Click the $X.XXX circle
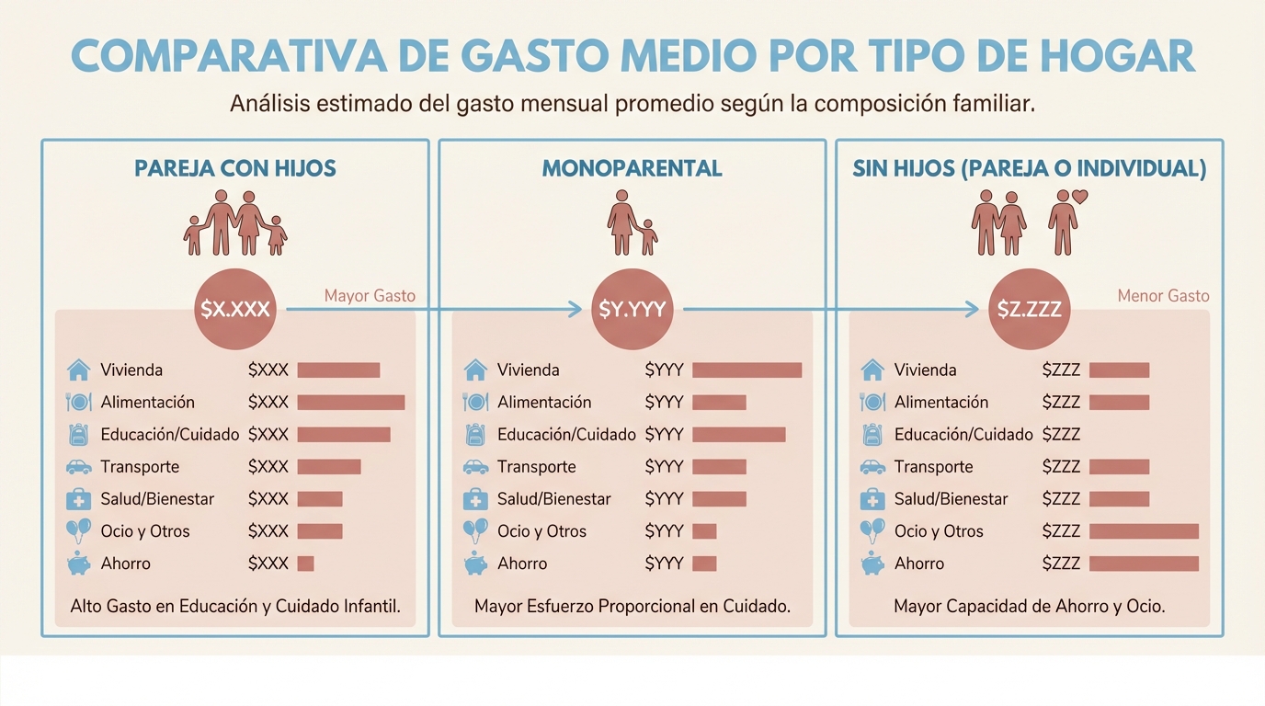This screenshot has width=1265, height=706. tap(235, 309)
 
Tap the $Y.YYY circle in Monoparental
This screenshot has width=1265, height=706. tap(632, 310)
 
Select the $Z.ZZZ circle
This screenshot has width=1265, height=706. tap(1030, 310)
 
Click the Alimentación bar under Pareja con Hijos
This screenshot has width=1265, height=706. tap(350, 402)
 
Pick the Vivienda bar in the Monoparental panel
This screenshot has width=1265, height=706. tap(746, 370)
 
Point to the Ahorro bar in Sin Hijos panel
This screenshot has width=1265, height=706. tap(1144, 564)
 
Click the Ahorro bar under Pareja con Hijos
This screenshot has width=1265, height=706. tap(305, 564)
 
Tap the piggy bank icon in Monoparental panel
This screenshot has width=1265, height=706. tap(475, 564)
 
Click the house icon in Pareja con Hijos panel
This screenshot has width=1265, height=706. tap(79, 370)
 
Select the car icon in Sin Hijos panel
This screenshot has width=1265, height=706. tap(872, 467)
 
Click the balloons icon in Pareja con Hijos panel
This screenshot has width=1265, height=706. tap(79, 530)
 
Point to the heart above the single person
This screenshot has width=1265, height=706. tap(1080, 196)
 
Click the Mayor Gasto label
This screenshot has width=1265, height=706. tap(370, 296)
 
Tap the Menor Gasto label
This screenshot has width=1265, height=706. tap(1163, 296)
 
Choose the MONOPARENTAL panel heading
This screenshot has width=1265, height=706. tap(632, 169)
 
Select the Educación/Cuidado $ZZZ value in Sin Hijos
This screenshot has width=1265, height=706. tap(1061, 434)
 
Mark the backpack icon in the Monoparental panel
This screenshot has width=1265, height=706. tap(475, 434)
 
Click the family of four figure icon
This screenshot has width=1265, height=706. tap(235, 223)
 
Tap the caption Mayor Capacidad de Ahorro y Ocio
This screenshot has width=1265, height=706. tap(1029, 607)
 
